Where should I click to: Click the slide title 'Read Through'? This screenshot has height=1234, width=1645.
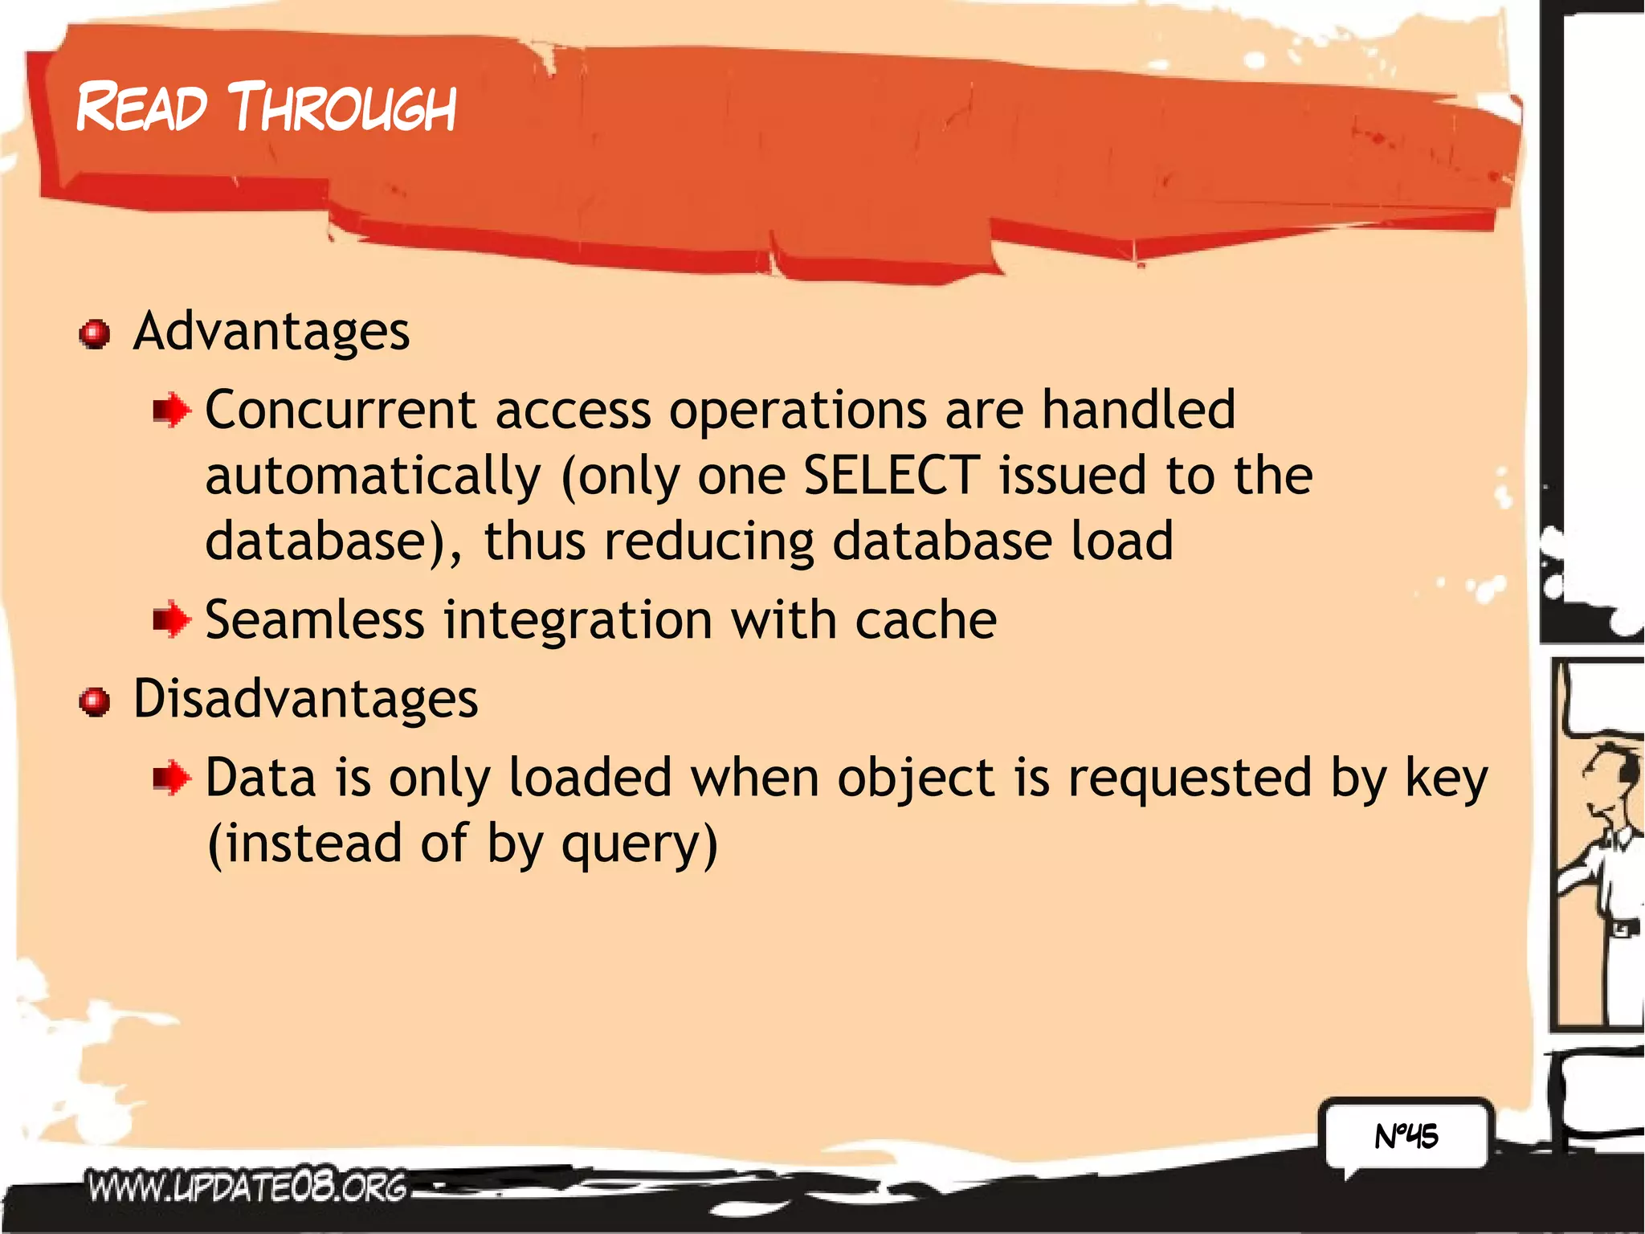[x=266, y=108]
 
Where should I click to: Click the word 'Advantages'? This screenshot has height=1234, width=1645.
[x=271, y=331]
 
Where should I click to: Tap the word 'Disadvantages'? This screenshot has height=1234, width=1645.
[x=305, y=698]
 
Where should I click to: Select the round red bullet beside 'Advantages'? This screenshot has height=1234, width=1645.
[x=95, y=333]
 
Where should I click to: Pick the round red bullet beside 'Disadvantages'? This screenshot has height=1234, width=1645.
[x=95, y=701]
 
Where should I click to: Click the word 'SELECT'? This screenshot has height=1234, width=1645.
[x=892, y=475]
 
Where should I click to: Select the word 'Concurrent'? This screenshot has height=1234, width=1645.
[x=341, y=410]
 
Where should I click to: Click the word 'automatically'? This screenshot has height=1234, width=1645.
[x=373, y=476]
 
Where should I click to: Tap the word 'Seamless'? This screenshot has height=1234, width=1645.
[x=315, y=620]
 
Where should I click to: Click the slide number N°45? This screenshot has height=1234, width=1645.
[x=1406, y=1136]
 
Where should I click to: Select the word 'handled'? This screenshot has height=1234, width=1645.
[x=1138, y=410]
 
